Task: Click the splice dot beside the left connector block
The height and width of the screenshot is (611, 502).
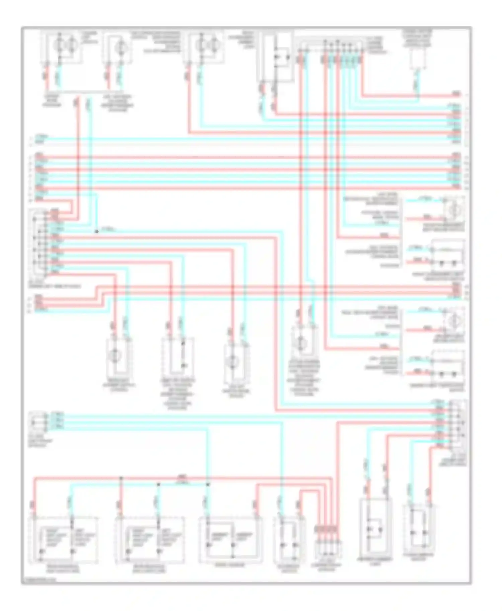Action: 97,231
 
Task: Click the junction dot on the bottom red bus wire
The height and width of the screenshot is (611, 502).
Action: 121,478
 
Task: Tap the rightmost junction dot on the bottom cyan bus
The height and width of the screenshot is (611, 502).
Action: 207,484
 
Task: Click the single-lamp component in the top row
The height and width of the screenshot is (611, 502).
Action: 118,48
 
